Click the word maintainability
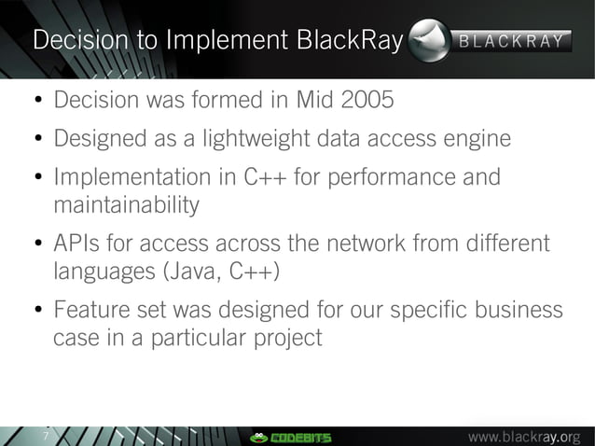click(x=126, y=204)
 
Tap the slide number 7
click(x=43, y=437)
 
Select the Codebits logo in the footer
click(x=290, y=437)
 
